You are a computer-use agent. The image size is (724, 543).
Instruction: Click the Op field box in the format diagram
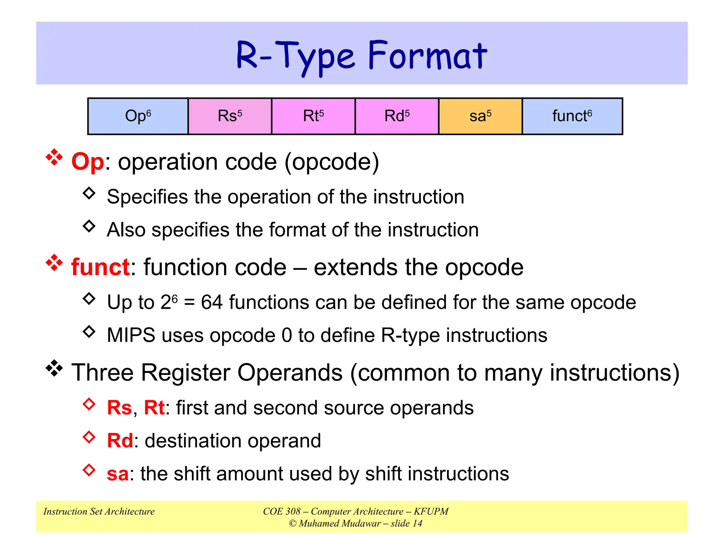click(138, 116)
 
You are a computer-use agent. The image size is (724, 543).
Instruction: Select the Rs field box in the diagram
click(230, 116)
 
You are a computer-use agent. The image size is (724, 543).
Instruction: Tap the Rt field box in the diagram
click(313, 116)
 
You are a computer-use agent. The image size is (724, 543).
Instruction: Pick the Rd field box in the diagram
click(397, 116)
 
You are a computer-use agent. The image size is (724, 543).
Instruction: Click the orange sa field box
click(480, 116)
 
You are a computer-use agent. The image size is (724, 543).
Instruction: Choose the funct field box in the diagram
click(572, 116)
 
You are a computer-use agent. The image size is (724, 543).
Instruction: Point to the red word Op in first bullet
click(88, 162)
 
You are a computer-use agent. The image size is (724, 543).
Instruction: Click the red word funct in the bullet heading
click(100, 267)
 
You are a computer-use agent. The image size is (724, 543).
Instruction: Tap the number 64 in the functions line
click(212, 303)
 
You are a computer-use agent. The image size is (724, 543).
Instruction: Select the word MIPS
click(131, 335)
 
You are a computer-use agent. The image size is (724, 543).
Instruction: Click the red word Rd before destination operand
click(120, 441)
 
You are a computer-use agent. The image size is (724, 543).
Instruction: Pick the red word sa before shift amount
click(118, 474)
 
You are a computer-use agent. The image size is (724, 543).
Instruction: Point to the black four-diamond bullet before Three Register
click(54, 368)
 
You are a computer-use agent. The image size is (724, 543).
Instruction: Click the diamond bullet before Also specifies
click(89, 226)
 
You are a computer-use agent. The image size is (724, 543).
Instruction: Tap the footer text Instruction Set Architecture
click(99, 512)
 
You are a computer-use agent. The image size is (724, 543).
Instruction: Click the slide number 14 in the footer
click(418, 524)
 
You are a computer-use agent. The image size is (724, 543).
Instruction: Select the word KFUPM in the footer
click(431, 512)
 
